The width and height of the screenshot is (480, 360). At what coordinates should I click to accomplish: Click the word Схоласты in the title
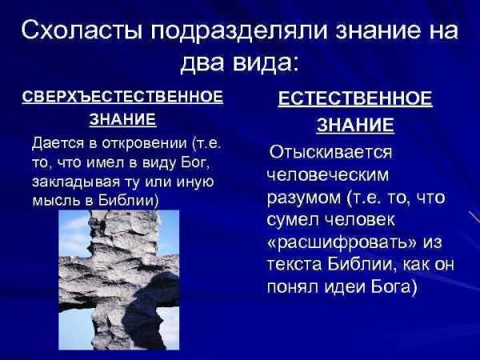point(82,31)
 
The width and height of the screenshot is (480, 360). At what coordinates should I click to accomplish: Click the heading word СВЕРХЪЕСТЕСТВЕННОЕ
point(122,97)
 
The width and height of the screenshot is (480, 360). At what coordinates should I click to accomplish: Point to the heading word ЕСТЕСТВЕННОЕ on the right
point(355,98)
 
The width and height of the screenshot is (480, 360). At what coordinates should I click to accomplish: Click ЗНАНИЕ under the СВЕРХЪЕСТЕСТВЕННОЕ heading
point(123,119)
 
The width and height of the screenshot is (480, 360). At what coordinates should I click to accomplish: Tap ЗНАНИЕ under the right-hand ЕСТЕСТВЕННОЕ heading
point(355,125)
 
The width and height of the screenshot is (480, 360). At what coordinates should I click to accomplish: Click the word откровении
point(144,143)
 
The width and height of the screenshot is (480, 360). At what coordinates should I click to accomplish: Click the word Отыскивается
point(330,152)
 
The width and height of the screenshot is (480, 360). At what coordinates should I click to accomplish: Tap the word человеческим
point(328,175)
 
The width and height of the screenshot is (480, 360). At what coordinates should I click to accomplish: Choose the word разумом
point(304,198)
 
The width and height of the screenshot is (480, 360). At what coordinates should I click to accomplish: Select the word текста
point(294,265)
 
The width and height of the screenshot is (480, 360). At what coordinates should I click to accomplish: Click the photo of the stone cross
point(118,280)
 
